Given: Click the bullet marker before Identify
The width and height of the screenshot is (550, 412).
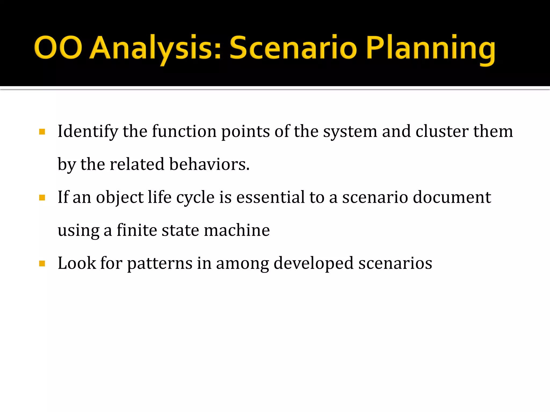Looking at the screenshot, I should pos(42,132).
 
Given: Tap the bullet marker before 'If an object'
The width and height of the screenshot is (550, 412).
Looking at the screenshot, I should pos(42,198).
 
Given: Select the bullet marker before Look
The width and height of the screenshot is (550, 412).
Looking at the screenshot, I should pos(42,264).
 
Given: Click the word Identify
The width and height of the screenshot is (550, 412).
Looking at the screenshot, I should pos(88,131).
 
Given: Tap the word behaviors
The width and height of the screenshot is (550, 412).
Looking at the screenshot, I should pos(209,164).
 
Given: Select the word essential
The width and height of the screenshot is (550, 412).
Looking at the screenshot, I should pos(270,197).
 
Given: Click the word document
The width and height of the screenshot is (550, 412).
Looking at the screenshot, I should pos(452,197).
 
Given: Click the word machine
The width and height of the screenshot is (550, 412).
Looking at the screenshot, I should pos(237,230).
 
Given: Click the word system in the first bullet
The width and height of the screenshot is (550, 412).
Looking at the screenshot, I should pos(350,131).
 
